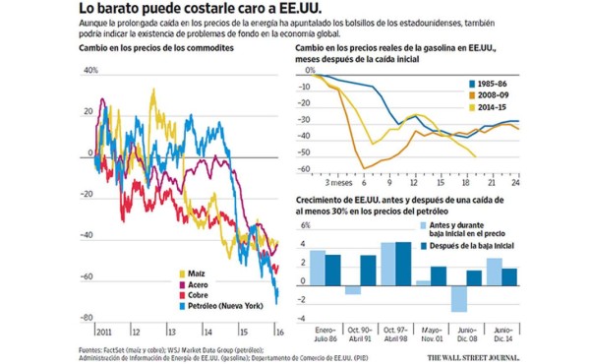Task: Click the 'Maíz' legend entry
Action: (x=196, y=273)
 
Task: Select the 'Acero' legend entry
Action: (x=198, y=284)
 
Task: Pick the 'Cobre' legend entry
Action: (x=199, y=295)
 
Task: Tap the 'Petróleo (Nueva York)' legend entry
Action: (x=222, y=307)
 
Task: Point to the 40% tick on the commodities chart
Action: (x=91, y=71)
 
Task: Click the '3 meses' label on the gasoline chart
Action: (x=339, y=182)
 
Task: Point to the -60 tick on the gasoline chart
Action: (x=305, y=169)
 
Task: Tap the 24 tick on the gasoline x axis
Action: (x=514, y=182)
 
